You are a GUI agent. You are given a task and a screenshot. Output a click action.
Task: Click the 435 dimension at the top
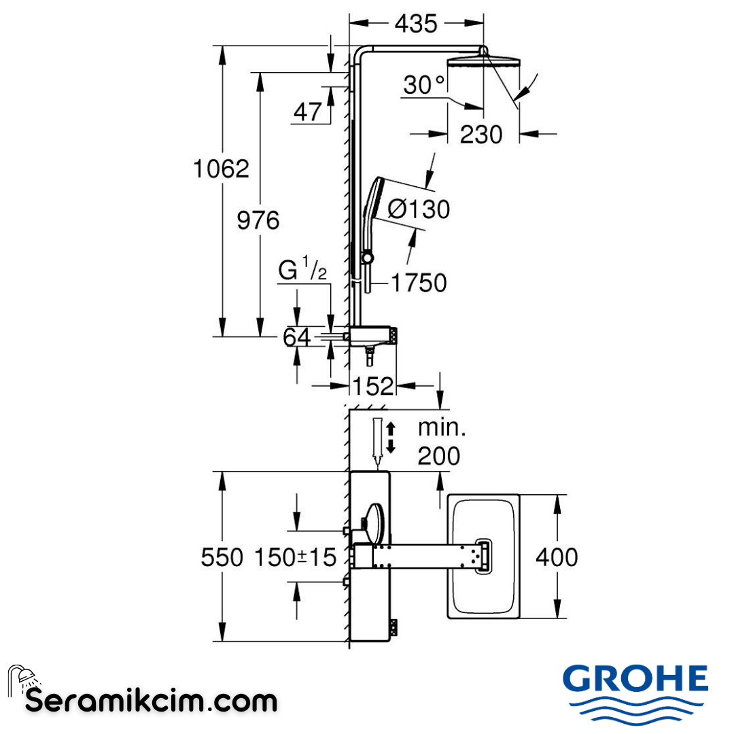tap(416, 24)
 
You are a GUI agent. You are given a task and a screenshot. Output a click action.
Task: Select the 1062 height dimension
tap(222, 169)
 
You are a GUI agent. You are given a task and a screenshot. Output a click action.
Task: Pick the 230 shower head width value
tap(481, 135)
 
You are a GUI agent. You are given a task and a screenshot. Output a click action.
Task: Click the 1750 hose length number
tap(419, 283)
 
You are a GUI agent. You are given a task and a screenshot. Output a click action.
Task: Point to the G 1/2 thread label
tap(303, 271)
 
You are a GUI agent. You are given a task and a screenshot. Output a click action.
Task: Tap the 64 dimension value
tap(297, 336)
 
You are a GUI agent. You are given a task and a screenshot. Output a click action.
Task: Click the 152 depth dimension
tap(373, 386)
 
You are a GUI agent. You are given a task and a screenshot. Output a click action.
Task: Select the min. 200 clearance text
tap(439, 442)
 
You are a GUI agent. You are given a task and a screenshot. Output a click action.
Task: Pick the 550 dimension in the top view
tap(222, 558)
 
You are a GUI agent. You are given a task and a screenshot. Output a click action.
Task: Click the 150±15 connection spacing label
tap(296, 558)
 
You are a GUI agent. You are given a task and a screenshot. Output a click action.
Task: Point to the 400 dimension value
tap(557, 557)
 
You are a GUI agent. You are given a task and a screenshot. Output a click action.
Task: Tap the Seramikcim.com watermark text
tap(151, 700)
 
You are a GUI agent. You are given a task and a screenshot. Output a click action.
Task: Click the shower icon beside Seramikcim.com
tap(22, 679)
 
